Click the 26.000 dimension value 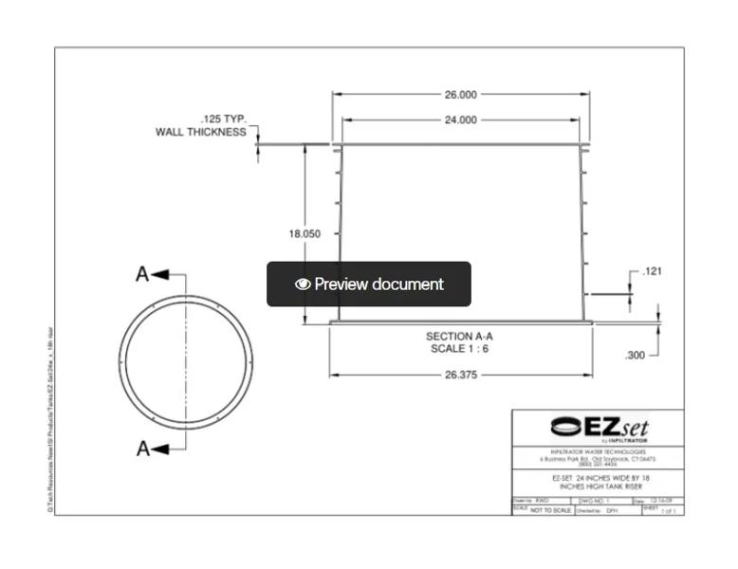point(460,94)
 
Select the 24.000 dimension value point(460,120)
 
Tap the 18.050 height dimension point(304,233)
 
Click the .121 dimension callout point(652,272)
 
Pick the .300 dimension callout point(635,355)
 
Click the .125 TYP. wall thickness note point(202,125)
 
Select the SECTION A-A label point(460,337)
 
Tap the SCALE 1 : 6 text point(460,349)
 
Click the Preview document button point(369,284)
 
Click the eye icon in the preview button point(303,284)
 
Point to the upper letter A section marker point(142,274)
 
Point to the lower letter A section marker point(142,448)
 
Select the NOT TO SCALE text point(550,510)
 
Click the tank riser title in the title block point(597,482)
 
